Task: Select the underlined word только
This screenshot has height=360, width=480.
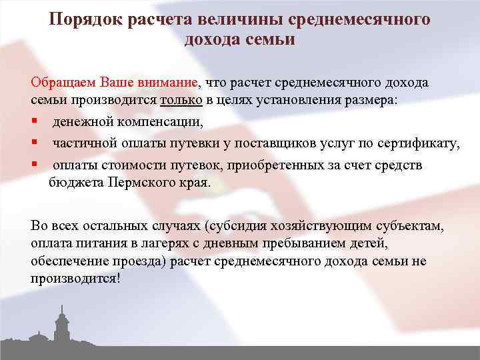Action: (181, 100)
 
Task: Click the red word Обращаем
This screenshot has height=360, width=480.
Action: (64, 83)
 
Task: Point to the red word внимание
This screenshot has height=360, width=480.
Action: (166, 83)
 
